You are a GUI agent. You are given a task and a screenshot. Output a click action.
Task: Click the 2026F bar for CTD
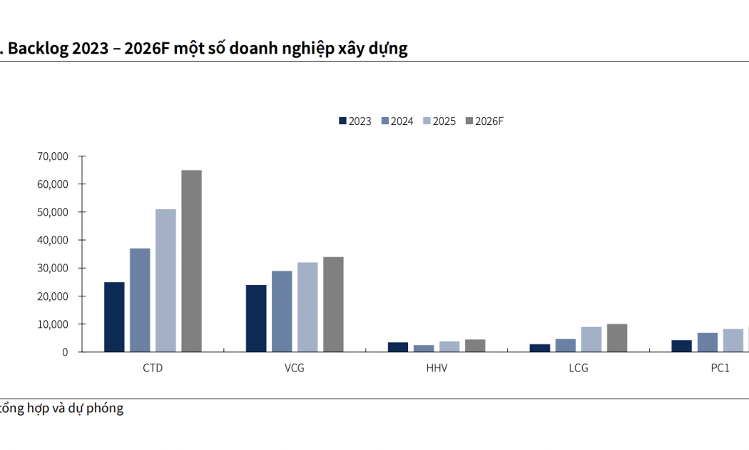[191, 261]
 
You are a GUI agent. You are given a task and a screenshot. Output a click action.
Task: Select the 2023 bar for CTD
[114, 317]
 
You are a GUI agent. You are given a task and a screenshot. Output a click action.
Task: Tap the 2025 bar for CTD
[165, 281]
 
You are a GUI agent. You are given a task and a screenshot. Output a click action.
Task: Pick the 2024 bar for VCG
[282, 311]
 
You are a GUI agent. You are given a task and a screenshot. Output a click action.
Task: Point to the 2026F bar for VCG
[333, 304]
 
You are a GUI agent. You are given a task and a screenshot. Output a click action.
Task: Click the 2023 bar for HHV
[398, 347]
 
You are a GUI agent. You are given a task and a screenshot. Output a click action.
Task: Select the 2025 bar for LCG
[591, 339]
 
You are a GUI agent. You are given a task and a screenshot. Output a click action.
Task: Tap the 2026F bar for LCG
[617, 338]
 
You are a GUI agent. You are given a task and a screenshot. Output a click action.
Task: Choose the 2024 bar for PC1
[708, 342]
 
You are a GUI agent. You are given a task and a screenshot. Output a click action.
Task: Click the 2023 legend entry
[355, 121]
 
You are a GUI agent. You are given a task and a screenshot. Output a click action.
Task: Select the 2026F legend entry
[484, 121]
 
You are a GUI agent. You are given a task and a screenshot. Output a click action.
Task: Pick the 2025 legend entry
[439, 121]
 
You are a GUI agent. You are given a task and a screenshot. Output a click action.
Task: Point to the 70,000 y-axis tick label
[53, 156]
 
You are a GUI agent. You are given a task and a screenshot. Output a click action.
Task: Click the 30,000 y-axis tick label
[53, 269]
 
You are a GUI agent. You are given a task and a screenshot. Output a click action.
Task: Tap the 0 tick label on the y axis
[65, 352]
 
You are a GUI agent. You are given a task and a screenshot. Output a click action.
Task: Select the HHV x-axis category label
[437, 369]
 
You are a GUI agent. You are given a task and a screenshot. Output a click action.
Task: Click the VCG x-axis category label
[294, 369]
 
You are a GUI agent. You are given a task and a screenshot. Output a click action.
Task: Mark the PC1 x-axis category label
[720, 369]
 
